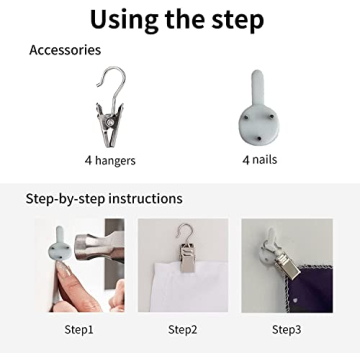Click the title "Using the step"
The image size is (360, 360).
pyautogui.click(x=177, y=20)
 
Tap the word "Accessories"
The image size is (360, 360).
pyautogui.click(x=65, y=50)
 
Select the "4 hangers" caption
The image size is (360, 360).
pyautogui.click(x=110, y=160)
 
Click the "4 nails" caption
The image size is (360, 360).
pyautogui.click(x=260, y=160)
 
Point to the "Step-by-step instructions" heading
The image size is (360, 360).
pyautogui.click(x=104, y=199)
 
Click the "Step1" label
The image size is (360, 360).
pyautogui.click(x=79, y=330)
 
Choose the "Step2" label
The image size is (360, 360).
pyautogui.click(x=183, y=330)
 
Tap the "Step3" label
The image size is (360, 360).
pyautogui.click(x=287, y=330)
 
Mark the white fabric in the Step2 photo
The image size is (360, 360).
pyautogui.click(x=187, y=287)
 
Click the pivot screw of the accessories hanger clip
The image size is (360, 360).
pyautogui.click(x=109, y=123)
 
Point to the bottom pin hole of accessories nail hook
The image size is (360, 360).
pyautogui.click(x=259, y=137)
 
